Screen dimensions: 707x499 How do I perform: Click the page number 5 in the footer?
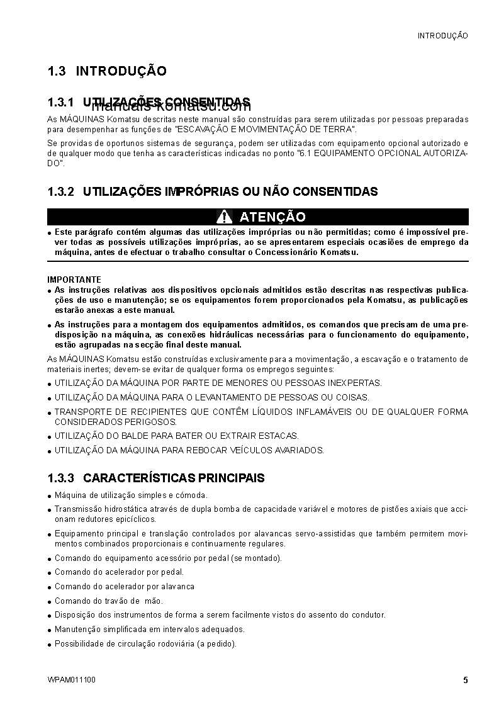[465, 680]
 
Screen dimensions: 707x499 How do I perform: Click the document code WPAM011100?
[72, 680]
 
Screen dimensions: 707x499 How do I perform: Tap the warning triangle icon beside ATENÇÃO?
[224, 217]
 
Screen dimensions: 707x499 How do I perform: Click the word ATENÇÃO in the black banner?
[272, 217]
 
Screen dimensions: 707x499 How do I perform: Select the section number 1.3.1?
[61, 102]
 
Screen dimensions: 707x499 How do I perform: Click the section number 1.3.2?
[61, 191]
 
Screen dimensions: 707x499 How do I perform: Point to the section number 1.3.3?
[61, 478]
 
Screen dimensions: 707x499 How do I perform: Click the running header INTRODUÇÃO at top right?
[443, 36]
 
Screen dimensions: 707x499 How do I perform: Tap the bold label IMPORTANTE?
[74, 280]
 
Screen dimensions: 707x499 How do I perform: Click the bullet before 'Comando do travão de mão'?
[50, 602]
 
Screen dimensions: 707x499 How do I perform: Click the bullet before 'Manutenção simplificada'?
[50, 630]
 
